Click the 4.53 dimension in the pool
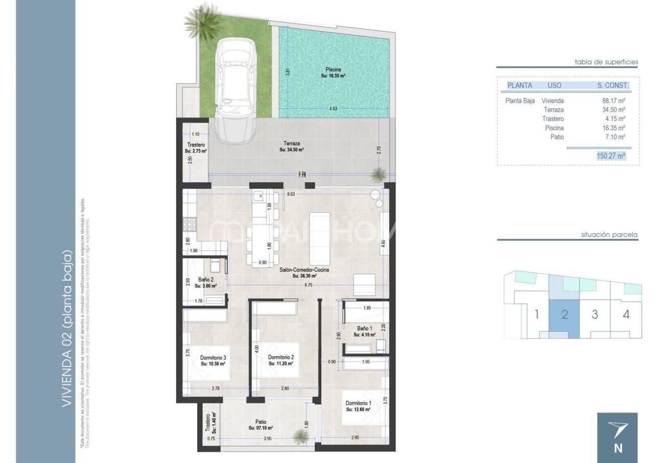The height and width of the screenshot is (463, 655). coord(333,108)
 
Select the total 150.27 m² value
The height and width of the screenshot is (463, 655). coord(611,156)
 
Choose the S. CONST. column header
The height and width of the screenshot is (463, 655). coord(613,85)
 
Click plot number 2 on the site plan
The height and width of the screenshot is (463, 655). coord(564,314)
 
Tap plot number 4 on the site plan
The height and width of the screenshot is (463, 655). coord(626,314)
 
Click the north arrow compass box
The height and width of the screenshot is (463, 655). coord(618,437)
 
